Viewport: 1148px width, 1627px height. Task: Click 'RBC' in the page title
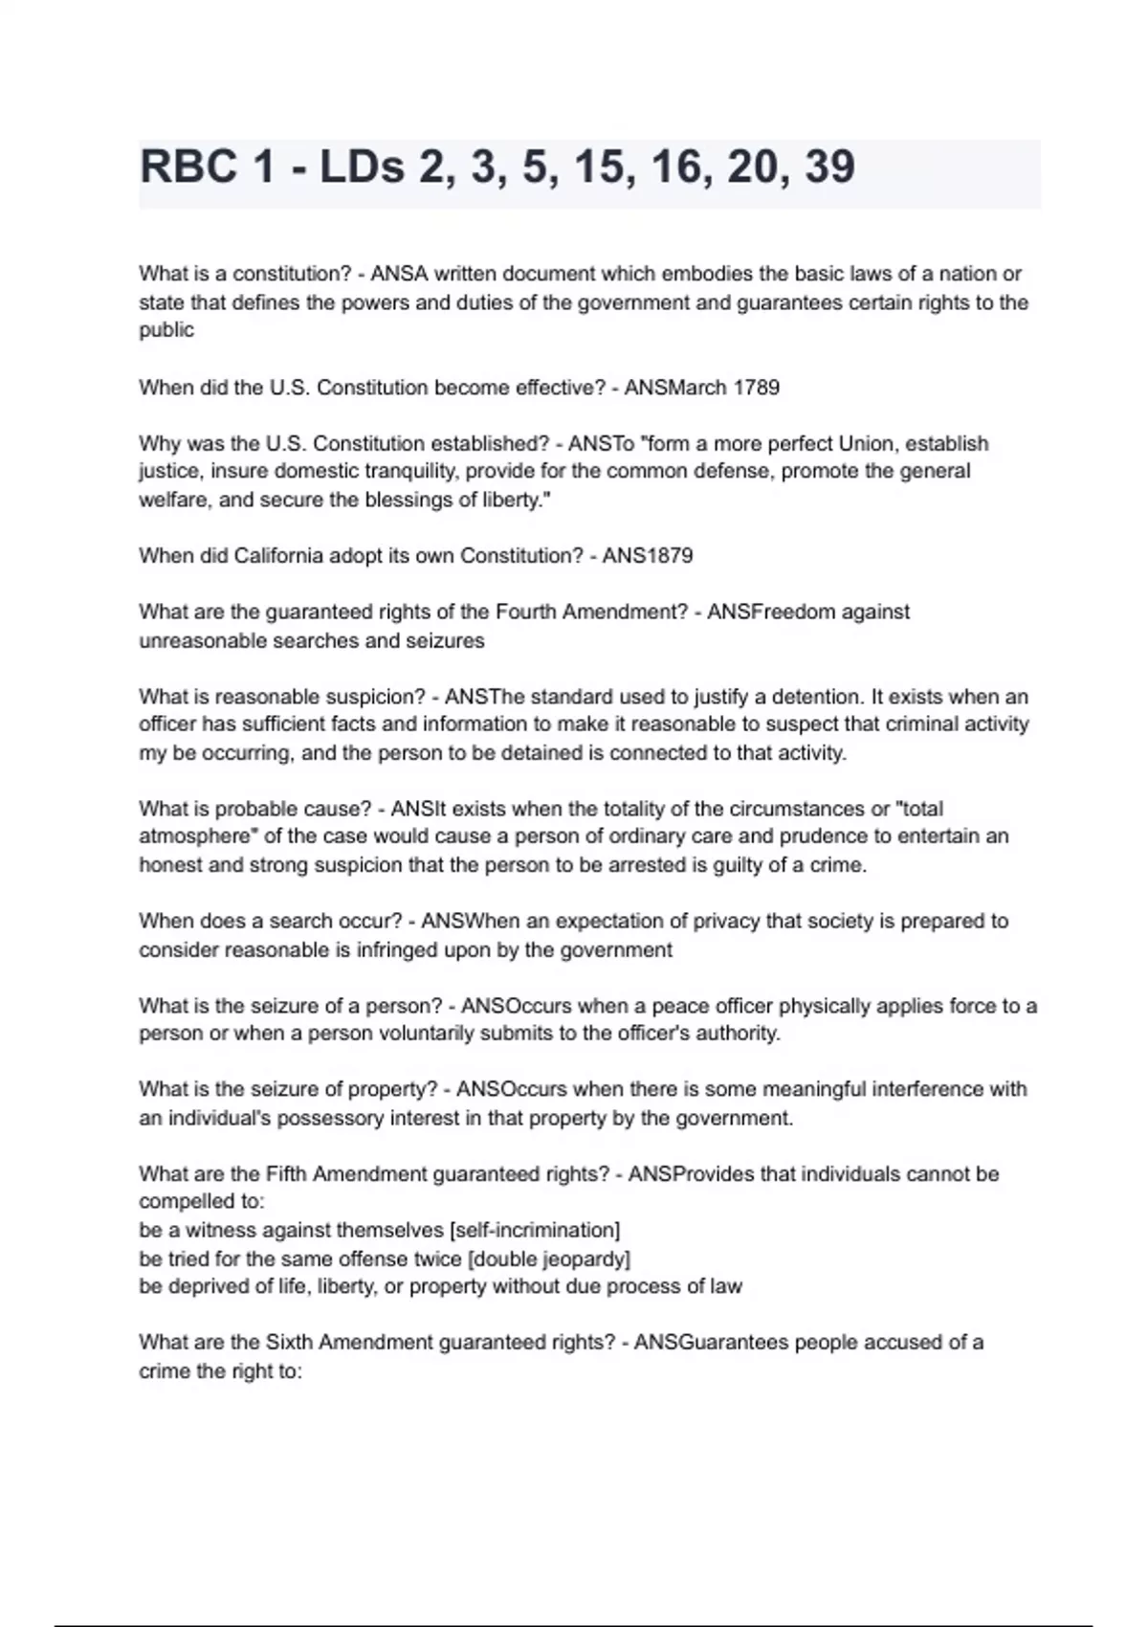click(x=188, y=167)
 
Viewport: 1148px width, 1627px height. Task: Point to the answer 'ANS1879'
click(x=648, y=556)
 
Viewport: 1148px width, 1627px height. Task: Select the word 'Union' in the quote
click(x=866, y=444)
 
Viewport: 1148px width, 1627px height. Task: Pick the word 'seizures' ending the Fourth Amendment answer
click(x=447, y=640)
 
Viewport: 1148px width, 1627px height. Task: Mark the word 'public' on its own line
click(x=166, y=331)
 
